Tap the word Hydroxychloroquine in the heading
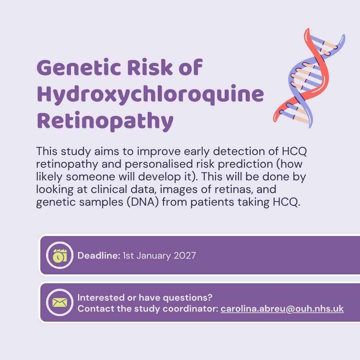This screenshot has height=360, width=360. [x=150, y=95]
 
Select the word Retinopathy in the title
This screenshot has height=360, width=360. [x=105, y=121]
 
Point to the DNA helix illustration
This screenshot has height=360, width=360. [x=309, y=78]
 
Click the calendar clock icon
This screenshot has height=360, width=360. [x=60, y=255]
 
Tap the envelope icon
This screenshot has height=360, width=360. [x=60, y=302]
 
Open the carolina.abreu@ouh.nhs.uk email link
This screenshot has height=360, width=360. [x=282, y=309]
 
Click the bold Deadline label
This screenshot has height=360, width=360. [x=99, y=256]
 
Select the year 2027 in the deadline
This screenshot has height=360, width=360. [x=185, y=256]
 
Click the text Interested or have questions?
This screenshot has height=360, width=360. [x=145, y=298]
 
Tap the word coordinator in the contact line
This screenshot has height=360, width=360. [x=190, y=309]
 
